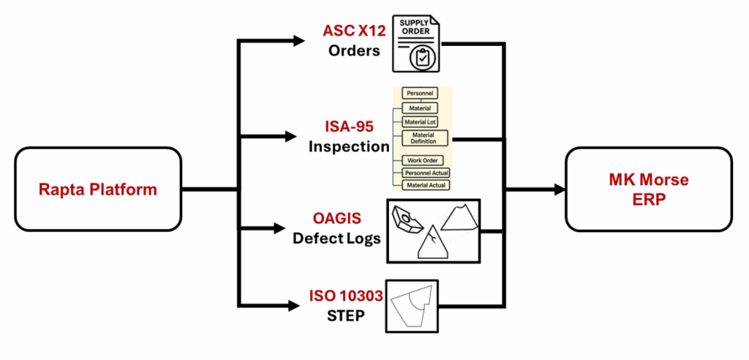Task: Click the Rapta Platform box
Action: (98, 190)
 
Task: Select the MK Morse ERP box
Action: (649, 190)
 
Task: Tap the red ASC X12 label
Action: (354, 31)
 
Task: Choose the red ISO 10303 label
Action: (346, 297)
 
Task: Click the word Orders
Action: (354, 51)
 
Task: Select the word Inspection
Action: (348, 146)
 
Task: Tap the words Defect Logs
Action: (337, 238)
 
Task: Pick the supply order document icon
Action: (415, 43)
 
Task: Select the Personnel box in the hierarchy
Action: (420, 94)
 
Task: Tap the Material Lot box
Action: (420, 122)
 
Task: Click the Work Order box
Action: (420, 160)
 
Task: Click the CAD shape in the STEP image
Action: (410, 307)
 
